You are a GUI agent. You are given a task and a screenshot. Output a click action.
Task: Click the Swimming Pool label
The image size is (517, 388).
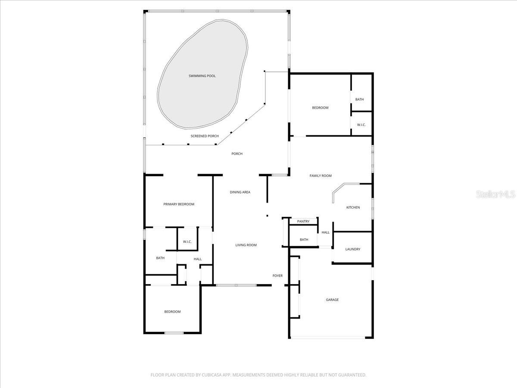pyautogui.click(x=202, y=76)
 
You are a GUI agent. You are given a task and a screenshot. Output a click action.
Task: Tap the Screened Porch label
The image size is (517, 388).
pyautogui.click(x=205, y=136)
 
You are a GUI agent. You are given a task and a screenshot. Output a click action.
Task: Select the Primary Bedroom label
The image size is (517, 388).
pyautogui.click(x=179, y=204)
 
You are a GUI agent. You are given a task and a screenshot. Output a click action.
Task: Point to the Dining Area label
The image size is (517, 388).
pyautogui.click(x=240, y=192)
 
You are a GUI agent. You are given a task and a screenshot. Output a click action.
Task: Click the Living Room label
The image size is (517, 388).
pyautogui.click(x=246, y=245)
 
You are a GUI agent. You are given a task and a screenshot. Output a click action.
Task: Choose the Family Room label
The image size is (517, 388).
pyautogui.click(x=321, y=176)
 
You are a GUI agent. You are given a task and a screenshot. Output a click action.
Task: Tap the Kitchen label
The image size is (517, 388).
pyautogui.click(x=353, y=208)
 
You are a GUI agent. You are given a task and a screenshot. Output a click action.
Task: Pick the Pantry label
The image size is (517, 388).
pyautogui.click(x=303, y=222)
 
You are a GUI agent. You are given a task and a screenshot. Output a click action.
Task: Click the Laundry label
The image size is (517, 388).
pyautogui.click(x=353, y=249)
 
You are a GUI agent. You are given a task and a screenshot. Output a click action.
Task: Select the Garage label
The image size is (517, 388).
pyautogui.click(x=332, y=300)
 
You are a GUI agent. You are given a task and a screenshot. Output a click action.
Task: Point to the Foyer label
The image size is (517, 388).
pyautogui.click(x=277, y=276)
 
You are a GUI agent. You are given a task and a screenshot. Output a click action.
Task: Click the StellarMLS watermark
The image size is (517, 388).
pyautogui.click(x=495, y=195)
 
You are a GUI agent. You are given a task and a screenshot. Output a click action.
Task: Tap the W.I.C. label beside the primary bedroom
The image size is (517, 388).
pyautogui.click(x=187, y=242)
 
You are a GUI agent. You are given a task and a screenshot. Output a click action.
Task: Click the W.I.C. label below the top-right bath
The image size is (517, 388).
pyautogui.click(x=361, y=125)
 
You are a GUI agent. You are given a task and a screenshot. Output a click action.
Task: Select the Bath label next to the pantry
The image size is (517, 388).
pyautogui.click(x=304, y=240)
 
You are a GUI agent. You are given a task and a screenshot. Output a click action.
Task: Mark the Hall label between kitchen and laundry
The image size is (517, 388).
pyautogui.click(x=326, y=232)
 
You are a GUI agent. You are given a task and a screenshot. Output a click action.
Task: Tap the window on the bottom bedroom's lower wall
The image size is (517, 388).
pyautogui.click(x=174, y=333)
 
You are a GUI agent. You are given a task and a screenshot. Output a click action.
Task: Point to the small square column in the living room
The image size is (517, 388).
pyautogui.click(x=267, y=216)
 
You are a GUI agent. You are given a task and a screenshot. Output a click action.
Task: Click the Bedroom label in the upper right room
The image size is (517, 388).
pyautogui.click(x=320, y=108)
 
